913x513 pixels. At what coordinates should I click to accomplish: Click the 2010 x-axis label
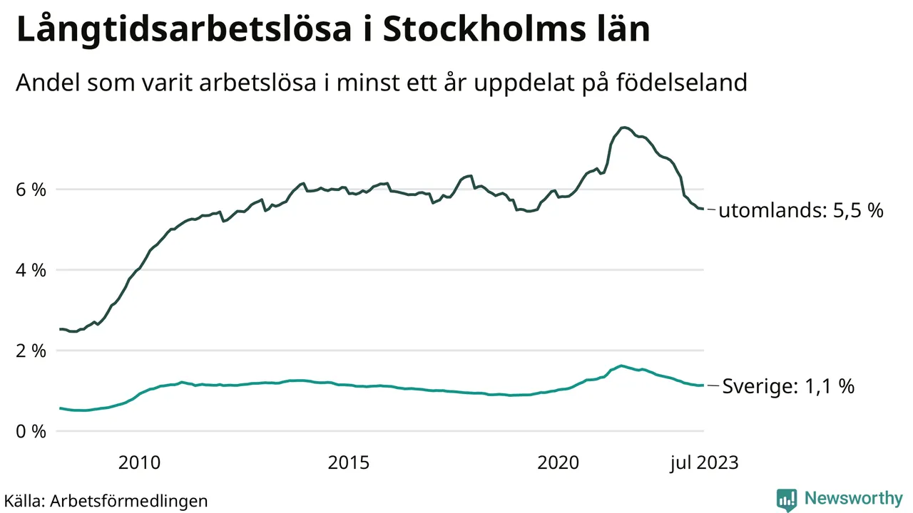point(139,462)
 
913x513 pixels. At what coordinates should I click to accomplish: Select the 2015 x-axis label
point(349,462)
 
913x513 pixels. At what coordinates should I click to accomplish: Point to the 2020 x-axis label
point(558,462)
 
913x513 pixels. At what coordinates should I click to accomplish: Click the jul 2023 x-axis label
point(704,462)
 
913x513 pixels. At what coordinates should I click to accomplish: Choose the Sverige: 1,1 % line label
point(788,386)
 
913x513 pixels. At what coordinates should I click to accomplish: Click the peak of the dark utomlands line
point(624,128)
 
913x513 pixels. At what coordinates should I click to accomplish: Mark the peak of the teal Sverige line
point(622,366)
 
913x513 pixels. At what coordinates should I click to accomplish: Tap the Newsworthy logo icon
point(787,499)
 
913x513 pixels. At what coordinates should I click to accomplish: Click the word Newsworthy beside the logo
point(853,498)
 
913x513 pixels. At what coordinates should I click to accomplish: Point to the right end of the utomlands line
point(703,209)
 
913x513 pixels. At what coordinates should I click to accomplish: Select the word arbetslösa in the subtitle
point(260,83)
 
